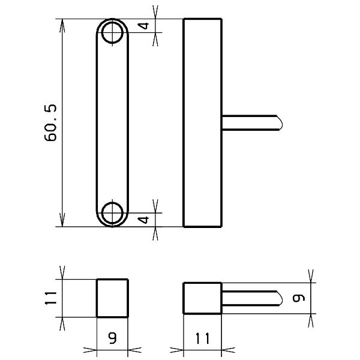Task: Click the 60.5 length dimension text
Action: pos(50,123)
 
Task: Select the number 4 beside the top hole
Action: pos(143,26)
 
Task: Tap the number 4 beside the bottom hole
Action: pos(143,220)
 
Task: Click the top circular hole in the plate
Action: pos(112,33)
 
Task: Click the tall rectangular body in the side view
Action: pos(202,123)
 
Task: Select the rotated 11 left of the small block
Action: pos(50,298)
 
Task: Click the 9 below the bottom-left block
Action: pos(112,338)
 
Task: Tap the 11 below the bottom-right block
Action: pos(202,338)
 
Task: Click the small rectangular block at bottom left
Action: pos(112,298)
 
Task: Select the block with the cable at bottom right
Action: pos(202,298)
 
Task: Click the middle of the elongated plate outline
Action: pos(112,123)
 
